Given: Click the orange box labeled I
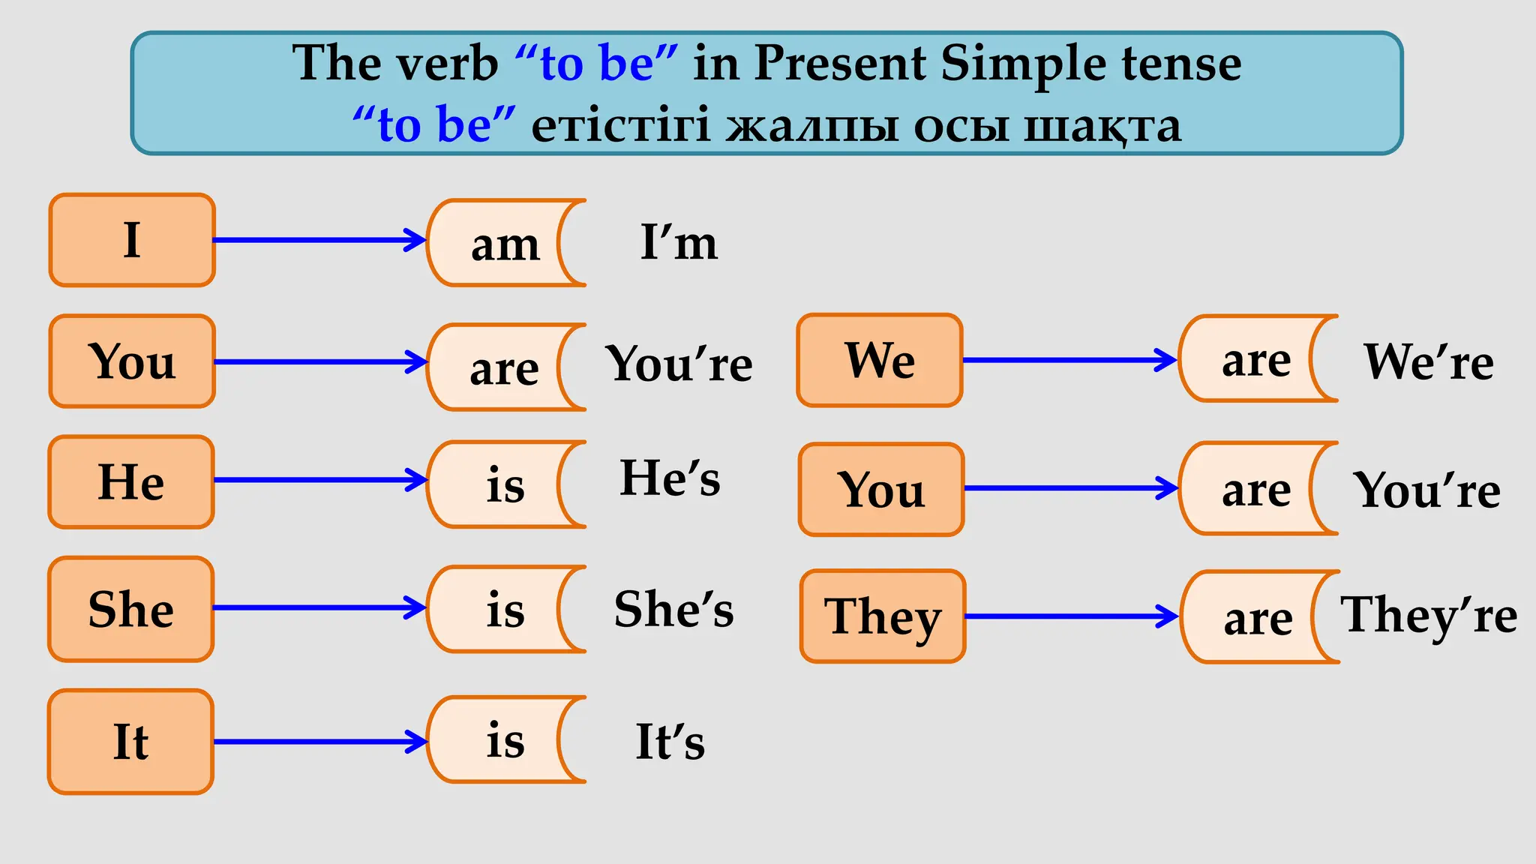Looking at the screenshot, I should (x=132, y=240).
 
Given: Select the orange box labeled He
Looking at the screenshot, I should (x=131, y=481).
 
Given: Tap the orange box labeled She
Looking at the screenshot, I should (x=131, y=609).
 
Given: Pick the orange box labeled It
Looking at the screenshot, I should (x=131, y=742).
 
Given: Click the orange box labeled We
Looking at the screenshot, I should (x=880, y=361).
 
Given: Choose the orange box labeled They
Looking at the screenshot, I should (x=883, y=616).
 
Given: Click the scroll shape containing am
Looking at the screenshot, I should (x=504, y=244).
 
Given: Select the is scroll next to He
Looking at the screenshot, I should (x=504, y=484).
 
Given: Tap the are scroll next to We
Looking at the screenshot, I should (x=1256, y=360).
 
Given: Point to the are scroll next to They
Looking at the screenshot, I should (x=1258, y=618).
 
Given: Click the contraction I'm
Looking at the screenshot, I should (x=679, y=242).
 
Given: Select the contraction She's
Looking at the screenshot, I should (x=673, y=608).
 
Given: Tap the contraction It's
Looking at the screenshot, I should (x=670, y=742).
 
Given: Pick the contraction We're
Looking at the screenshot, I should (x=1429, y=361).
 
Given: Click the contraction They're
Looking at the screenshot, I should (x=1429, y=615).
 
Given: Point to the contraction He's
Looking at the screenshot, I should (x=670, y=478).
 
